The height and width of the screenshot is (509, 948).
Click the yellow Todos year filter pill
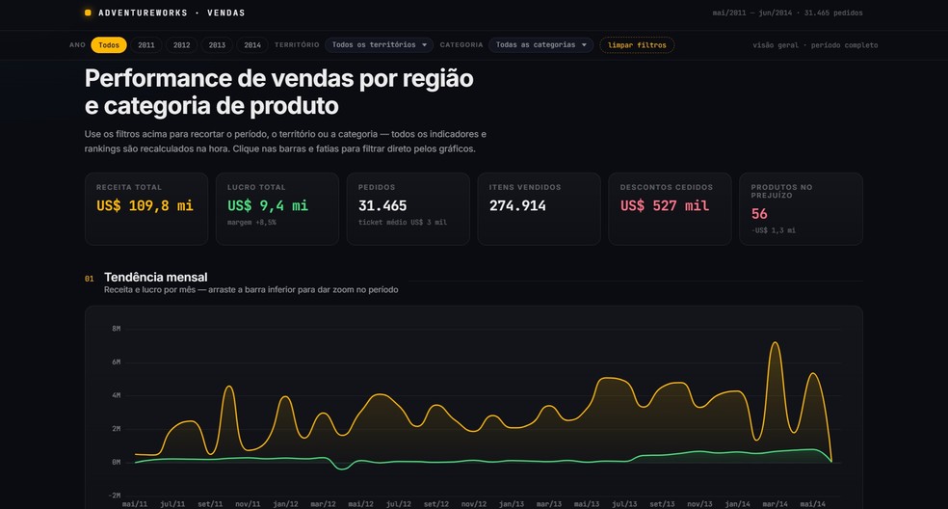click(x=109, y=45)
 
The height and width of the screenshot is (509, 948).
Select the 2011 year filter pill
click(x=146, y=45)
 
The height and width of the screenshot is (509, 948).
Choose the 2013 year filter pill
click(x=217, y=45)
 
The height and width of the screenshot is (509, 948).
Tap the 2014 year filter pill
click(x=252, y=45)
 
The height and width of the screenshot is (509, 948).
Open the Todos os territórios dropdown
click(x=379, y=44)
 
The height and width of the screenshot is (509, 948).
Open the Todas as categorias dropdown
click(x=541, y=44)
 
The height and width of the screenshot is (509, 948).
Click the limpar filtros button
click(x=637, y=45)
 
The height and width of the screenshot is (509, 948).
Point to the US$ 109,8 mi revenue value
click(x=145, y=205)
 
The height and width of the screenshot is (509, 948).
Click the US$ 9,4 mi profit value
click(x=268, y=205)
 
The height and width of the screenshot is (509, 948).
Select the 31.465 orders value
click(x=382, y=205)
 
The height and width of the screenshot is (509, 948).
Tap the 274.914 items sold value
click(x=517, y=205)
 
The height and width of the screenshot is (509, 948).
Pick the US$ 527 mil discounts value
click(x=665, y=205)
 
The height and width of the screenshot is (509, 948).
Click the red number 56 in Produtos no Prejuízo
click(x=759, y=214)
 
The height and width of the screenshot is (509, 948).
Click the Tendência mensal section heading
click(x=155, y=278)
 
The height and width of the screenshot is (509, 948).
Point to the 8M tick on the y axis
click(x=116, y=329)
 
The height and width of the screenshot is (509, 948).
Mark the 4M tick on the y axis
click(x=116, y=395)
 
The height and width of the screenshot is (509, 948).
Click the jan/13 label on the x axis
click(x=512, y=504)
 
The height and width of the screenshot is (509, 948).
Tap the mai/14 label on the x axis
click(x=812, y=504)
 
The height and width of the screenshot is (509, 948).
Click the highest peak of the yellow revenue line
click(x=776, y=342)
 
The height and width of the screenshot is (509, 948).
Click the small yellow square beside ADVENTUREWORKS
click(x=88, y=13)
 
